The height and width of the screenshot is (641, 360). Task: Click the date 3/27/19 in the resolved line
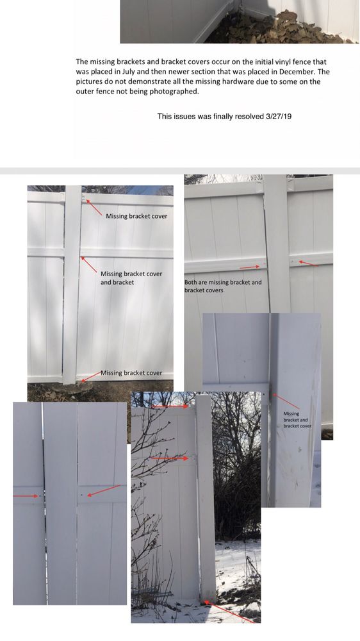click(279, 116)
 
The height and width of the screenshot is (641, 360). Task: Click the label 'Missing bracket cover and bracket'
click(131, 278)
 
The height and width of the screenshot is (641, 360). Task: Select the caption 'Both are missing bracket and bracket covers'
click(223, 286)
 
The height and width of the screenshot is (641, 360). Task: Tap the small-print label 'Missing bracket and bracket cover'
click(297, 420)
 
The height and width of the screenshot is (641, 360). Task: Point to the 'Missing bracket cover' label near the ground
click(131, 373)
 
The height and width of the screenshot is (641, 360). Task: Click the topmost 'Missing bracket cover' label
click(136, 216)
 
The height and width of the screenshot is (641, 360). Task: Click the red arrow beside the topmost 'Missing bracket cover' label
click(94, 207)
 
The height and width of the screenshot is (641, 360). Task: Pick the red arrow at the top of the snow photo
click(170, 407)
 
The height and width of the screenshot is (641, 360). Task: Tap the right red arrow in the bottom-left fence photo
click(104, 490)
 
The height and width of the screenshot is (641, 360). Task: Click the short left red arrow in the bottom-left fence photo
click(26, 496)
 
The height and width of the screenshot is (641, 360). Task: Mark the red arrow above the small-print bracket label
click(286, 401)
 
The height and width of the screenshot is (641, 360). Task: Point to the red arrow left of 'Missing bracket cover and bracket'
click(88, 265)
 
